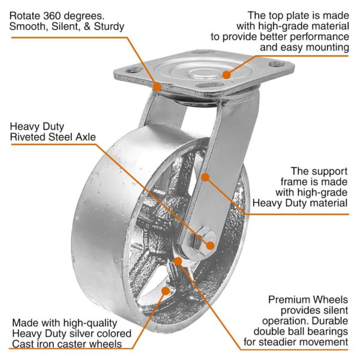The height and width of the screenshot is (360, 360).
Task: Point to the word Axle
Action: (x=83, y=137)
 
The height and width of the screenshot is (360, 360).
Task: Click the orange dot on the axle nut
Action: (x=211, y=244)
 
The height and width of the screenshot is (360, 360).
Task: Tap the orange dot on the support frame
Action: (x=205, y=178)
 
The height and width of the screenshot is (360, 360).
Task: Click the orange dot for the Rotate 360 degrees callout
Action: (x=156, y=86)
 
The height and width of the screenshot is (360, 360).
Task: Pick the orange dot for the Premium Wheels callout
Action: (x=179, y=262)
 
